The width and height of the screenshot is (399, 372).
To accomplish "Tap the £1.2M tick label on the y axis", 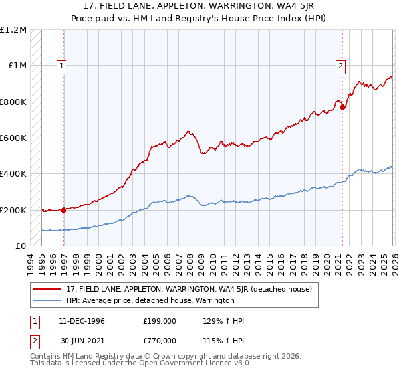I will (13, 30).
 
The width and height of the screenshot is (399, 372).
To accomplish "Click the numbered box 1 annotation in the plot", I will (62, 66).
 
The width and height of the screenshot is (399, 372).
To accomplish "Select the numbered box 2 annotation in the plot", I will (340, 66).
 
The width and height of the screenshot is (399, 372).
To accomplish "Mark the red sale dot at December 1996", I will (64, 210).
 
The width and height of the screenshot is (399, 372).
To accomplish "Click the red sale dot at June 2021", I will (342, 107).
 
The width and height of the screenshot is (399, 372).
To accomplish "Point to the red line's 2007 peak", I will (188, 131).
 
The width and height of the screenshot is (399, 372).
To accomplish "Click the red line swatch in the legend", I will (47, 289).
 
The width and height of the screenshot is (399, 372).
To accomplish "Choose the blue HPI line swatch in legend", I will (47, 300).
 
